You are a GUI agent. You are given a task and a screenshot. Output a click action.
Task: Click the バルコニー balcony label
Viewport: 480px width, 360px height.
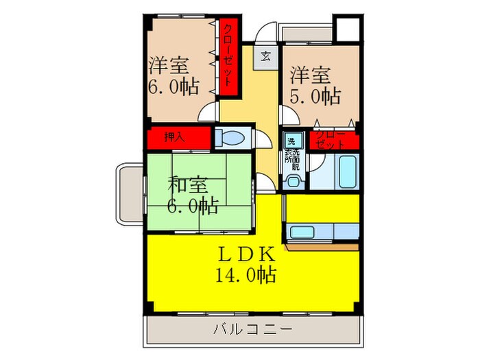[x=253, y=329]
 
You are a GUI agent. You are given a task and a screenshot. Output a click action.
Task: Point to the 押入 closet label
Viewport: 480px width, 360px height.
[x=174, y=137]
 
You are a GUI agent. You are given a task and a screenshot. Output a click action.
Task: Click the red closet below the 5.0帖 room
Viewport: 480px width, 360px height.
[x=334, y=141]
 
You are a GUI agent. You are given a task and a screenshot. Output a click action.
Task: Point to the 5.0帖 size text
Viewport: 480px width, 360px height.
[x=315, y=96]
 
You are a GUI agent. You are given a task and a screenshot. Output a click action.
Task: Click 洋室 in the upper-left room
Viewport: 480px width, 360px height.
[x=169, y=67]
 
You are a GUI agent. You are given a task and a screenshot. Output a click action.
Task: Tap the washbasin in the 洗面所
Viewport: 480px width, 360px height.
[x=294, y=180]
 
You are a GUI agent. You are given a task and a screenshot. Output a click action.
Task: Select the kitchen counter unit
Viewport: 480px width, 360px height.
[x=322, y=232]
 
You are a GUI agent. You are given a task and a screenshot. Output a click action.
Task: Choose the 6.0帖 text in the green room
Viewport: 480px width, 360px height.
[x=193, y=205]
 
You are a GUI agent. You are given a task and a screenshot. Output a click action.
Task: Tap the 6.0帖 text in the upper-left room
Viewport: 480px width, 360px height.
[x=173, y=87]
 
